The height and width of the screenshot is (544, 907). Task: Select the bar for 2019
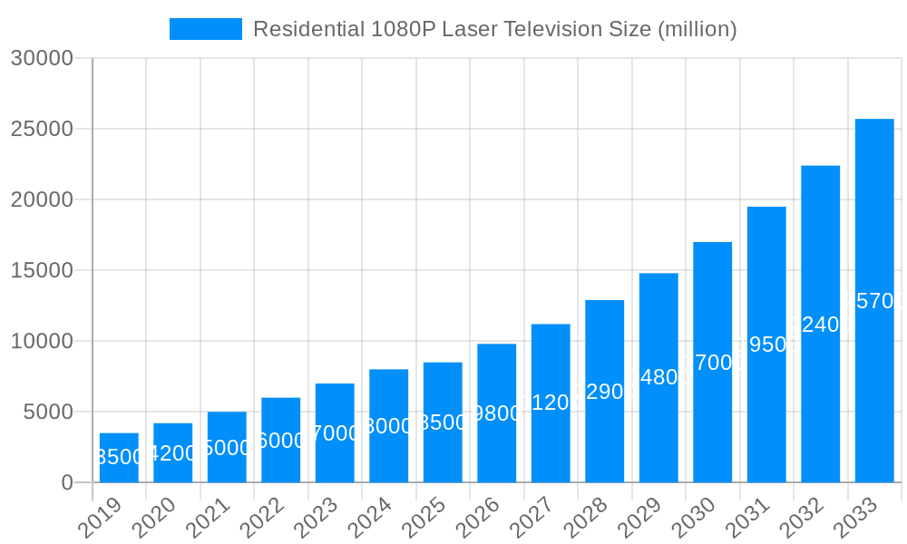[119, 458]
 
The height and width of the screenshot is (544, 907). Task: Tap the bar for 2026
[496, 413]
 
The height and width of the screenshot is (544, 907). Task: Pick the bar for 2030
[712, 363]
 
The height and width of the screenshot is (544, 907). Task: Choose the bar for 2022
[280, 440]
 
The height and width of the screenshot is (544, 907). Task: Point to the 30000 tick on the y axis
[41, 59]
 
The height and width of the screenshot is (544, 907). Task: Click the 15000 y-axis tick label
[41, 271]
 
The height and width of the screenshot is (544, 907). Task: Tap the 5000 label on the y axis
[46, 413]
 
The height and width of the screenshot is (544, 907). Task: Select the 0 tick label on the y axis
[67, 483]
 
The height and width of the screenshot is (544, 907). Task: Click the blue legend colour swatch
[206, 29]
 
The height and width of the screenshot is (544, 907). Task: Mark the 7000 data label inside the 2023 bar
[335, 433]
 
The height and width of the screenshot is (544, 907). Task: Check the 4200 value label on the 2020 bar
[172, 453]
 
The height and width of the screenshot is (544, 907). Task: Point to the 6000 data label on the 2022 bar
[280, 441]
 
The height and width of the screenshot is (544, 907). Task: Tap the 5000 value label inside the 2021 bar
[227, 448]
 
